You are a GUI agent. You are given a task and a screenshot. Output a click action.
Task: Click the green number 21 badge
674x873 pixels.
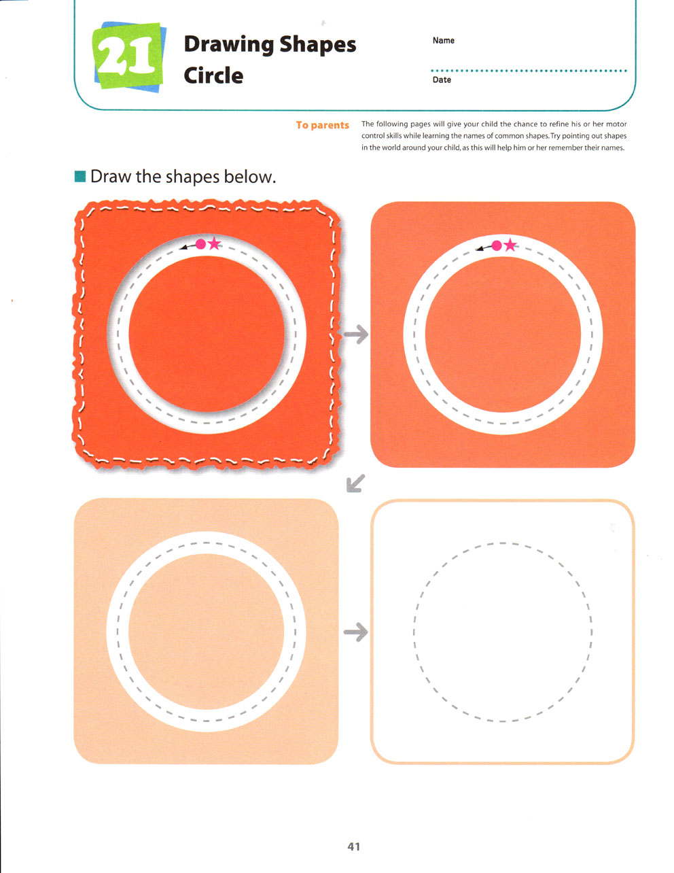129,56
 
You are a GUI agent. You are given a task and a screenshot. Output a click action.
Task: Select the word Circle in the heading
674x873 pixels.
213,75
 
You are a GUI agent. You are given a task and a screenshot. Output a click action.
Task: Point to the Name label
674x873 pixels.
443,41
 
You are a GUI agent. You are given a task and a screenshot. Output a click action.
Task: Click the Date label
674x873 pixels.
442,80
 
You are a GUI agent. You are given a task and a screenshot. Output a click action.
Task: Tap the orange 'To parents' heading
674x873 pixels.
322,125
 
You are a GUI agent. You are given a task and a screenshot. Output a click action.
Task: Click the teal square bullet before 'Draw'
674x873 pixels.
80,176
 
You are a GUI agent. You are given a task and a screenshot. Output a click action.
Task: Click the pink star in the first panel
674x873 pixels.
215,243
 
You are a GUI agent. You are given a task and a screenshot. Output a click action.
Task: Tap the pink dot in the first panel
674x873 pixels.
200,244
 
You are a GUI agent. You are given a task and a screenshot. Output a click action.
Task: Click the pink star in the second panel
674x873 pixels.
510,245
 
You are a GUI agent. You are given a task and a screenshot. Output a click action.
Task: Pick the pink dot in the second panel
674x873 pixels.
496,245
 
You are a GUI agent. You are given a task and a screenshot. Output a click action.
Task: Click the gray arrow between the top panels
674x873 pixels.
356,334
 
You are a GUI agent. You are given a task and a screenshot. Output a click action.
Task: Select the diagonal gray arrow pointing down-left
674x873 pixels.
355,483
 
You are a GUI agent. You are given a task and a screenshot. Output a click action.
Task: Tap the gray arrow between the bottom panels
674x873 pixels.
355,632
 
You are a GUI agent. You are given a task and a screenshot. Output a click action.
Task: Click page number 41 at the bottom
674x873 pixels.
354,846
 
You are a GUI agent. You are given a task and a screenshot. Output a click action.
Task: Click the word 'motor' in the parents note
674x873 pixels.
616,124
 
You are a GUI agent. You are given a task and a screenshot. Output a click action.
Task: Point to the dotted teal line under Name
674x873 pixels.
529,71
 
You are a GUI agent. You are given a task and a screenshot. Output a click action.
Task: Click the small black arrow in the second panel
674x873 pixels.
483,248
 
